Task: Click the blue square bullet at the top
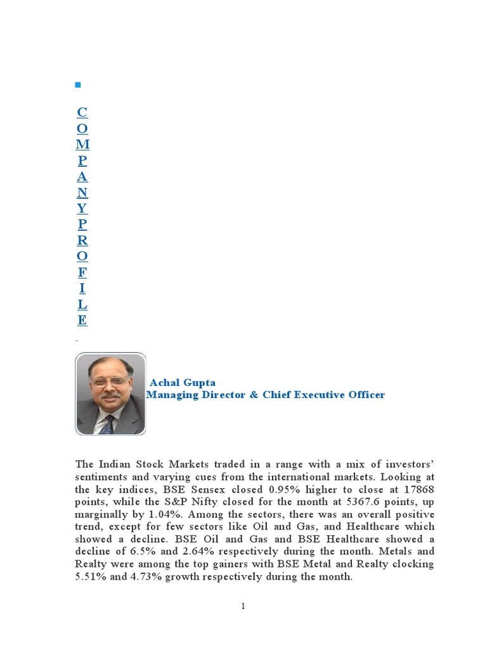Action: pos(78,84)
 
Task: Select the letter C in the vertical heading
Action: pos(82,113)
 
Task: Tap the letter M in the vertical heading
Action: pos(82,145)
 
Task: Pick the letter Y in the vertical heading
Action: pos(82,208)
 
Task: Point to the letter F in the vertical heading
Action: pos(82,272)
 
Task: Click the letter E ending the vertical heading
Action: pos(82,320)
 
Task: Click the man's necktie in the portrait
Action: pos(107,424)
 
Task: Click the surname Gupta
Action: pos(198,383)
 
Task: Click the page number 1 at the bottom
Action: pos(243,606)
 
